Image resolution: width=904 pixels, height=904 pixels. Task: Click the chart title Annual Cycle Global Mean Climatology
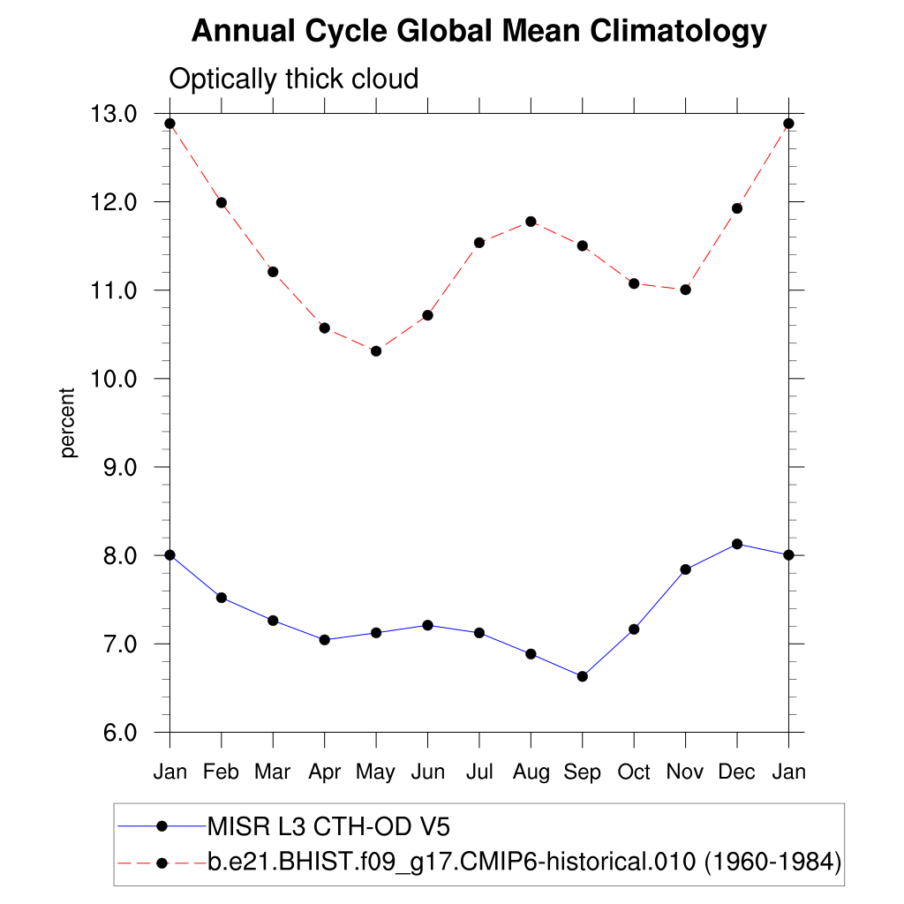(x=478, y=32)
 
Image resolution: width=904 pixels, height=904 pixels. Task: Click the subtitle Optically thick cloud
(x=293, y=79)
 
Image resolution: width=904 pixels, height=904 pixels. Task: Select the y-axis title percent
(x=69, y=423)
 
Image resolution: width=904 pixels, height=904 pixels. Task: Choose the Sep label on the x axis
(x=582, y=772)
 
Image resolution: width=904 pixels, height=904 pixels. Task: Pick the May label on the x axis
(x=375, y=772)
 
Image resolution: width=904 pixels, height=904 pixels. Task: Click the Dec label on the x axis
(x=736, y=772)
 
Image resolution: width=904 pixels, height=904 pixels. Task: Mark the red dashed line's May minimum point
(x=376, y=351)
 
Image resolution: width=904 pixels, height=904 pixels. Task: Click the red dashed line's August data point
(x=531, y=222)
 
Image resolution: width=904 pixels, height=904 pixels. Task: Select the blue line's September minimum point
(x=582, y=676)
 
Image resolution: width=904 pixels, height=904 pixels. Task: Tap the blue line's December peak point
(x=736, y=544)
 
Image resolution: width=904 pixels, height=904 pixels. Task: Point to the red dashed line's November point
(x=685, y=290)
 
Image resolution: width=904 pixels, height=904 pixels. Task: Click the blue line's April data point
(x=325, y=640)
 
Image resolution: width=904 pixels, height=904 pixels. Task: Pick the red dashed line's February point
(x=222, y=203)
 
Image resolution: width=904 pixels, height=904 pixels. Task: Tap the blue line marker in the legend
(x=162, y=827)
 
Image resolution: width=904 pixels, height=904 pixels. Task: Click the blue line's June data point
(x=428, y=625)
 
